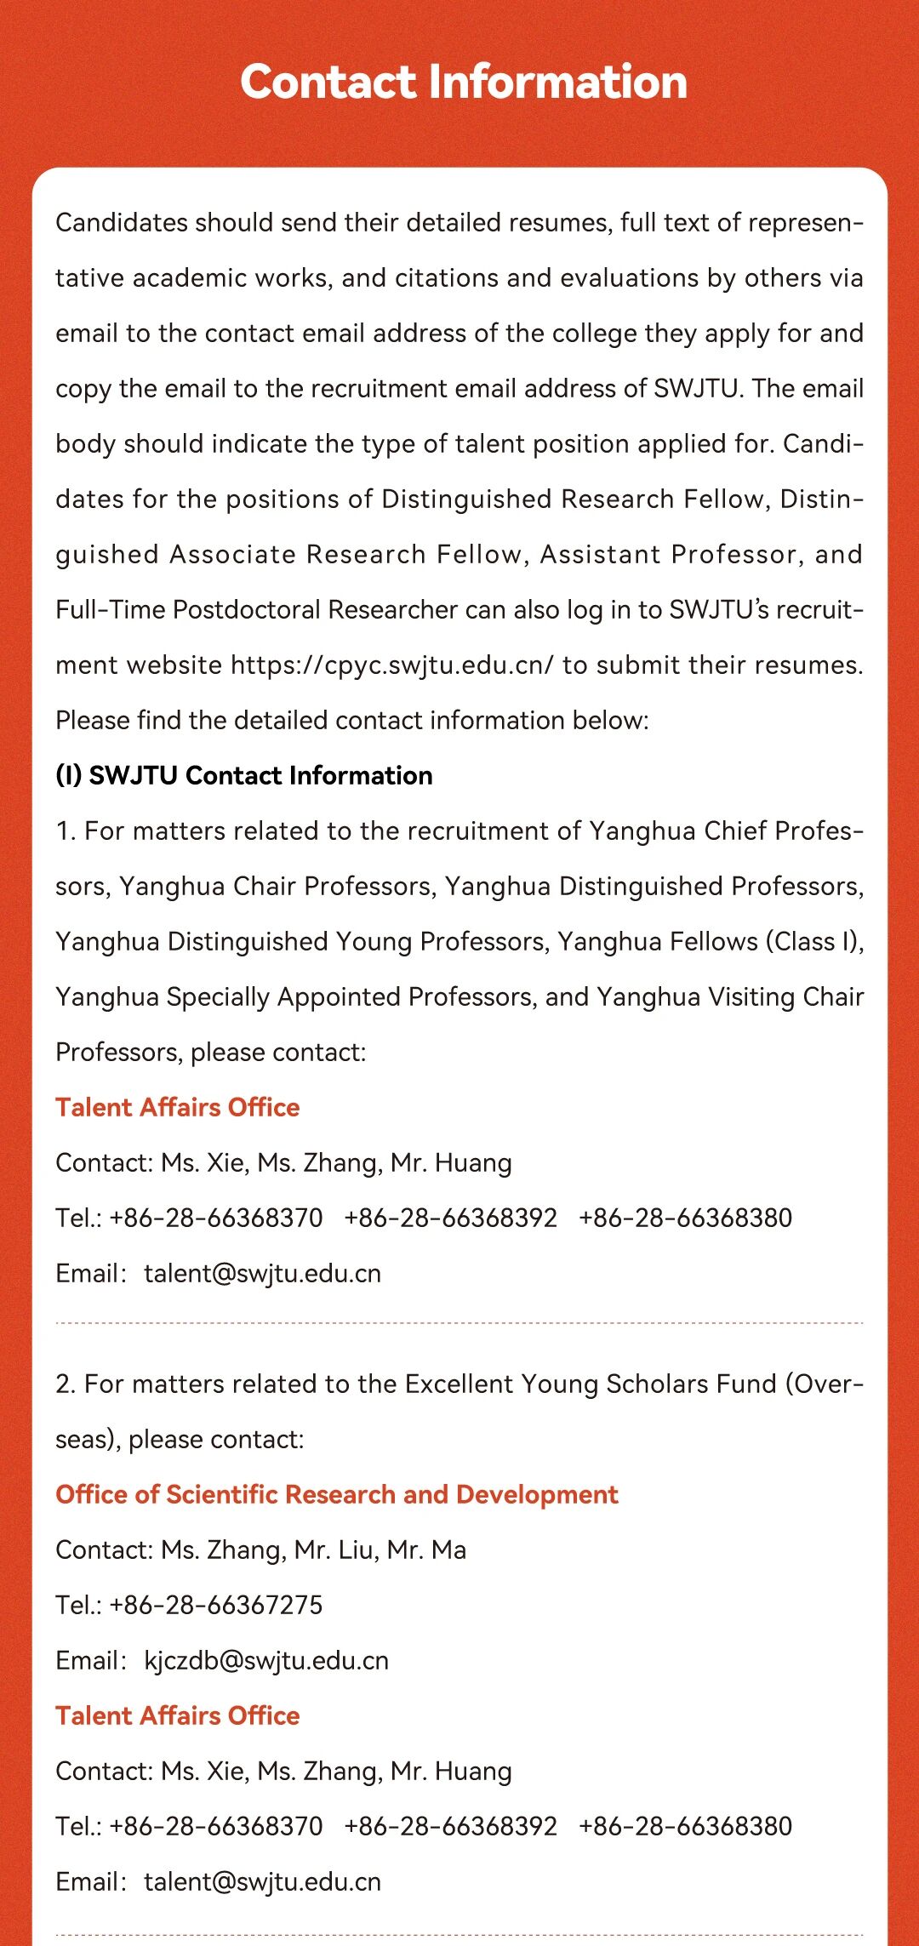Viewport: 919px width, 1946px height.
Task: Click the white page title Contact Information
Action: [463, 82]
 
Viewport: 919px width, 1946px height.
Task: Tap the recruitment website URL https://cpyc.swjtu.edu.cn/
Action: [391, 665]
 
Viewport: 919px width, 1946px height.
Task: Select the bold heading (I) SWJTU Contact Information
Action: [244, 775]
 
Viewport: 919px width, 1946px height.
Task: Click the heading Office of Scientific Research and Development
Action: [337, 1494]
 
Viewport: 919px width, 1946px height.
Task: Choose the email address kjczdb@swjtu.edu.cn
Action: [266, 1660]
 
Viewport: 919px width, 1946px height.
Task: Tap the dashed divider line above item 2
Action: [459, 1323]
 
